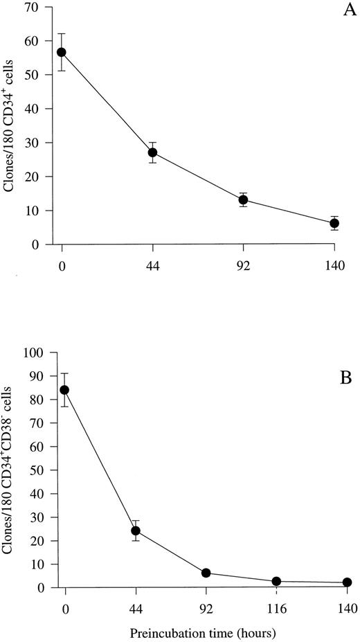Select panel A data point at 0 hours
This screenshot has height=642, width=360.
pos(62,52)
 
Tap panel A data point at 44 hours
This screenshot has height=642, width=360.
pos(152,152)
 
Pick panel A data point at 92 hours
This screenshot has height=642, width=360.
pos(243,200)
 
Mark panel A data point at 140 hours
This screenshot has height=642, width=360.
pos(334,223)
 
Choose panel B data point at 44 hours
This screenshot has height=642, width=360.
pos(136,531)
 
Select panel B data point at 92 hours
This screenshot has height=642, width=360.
pos(206,573)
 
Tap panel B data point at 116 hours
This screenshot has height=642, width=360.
pos(276,582)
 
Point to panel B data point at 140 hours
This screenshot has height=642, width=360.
pos(347,582)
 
